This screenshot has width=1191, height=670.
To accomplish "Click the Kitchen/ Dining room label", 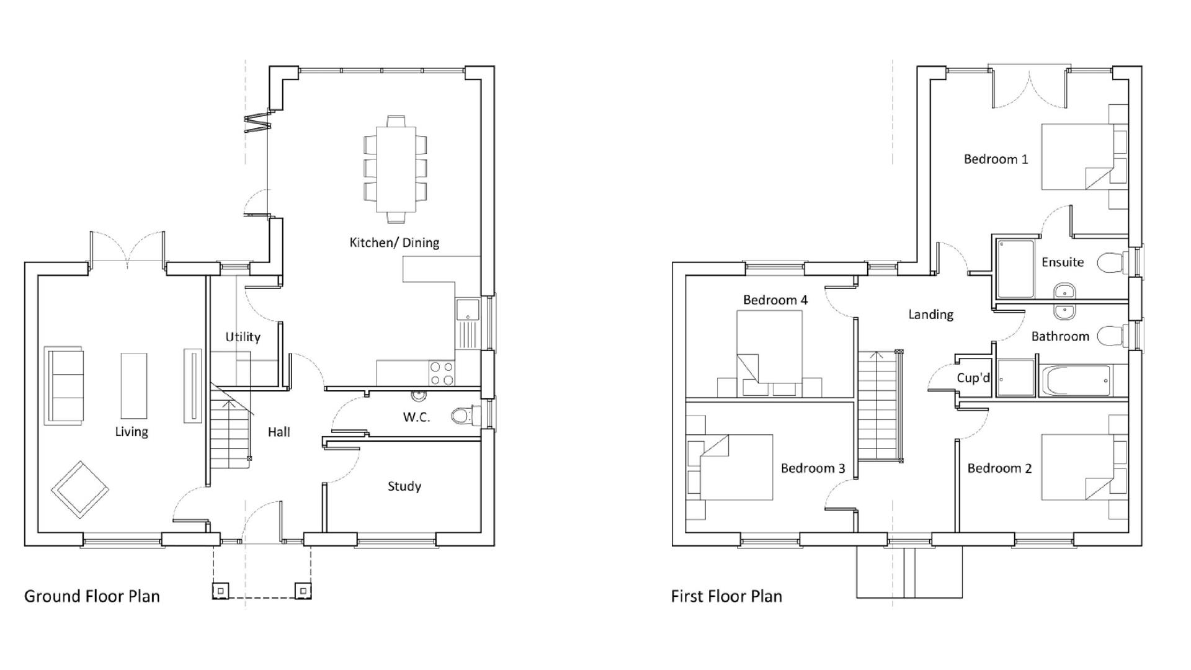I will point(394,243).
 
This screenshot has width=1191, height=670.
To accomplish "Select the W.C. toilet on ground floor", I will point(462,415).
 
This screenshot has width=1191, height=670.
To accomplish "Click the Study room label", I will point(404,486).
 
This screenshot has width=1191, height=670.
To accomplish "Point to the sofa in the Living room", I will point(65,385).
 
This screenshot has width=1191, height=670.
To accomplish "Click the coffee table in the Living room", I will point(133,385).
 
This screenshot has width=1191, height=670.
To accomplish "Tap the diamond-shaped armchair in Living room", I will point(80,489).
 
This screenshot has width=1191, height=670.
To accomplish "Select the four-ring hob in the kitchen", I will point(441,373).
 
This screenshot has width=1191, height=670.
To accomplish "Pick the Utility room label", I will point(243,337).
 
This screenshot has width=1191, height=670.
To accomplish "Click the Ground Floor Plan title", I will point(92,596).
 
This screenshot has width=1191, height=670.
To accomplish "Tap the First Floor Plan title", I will point(726,596).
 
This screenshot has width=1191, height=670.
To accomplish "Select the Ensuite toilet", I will point(1111,262).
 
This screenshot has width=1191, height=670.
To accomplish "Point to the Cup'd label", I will point(973,378).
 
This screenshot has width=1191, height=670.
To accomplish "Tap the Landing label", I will point(930,315).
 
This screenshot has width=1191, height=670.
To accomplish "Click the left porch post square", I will point(221,591).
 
